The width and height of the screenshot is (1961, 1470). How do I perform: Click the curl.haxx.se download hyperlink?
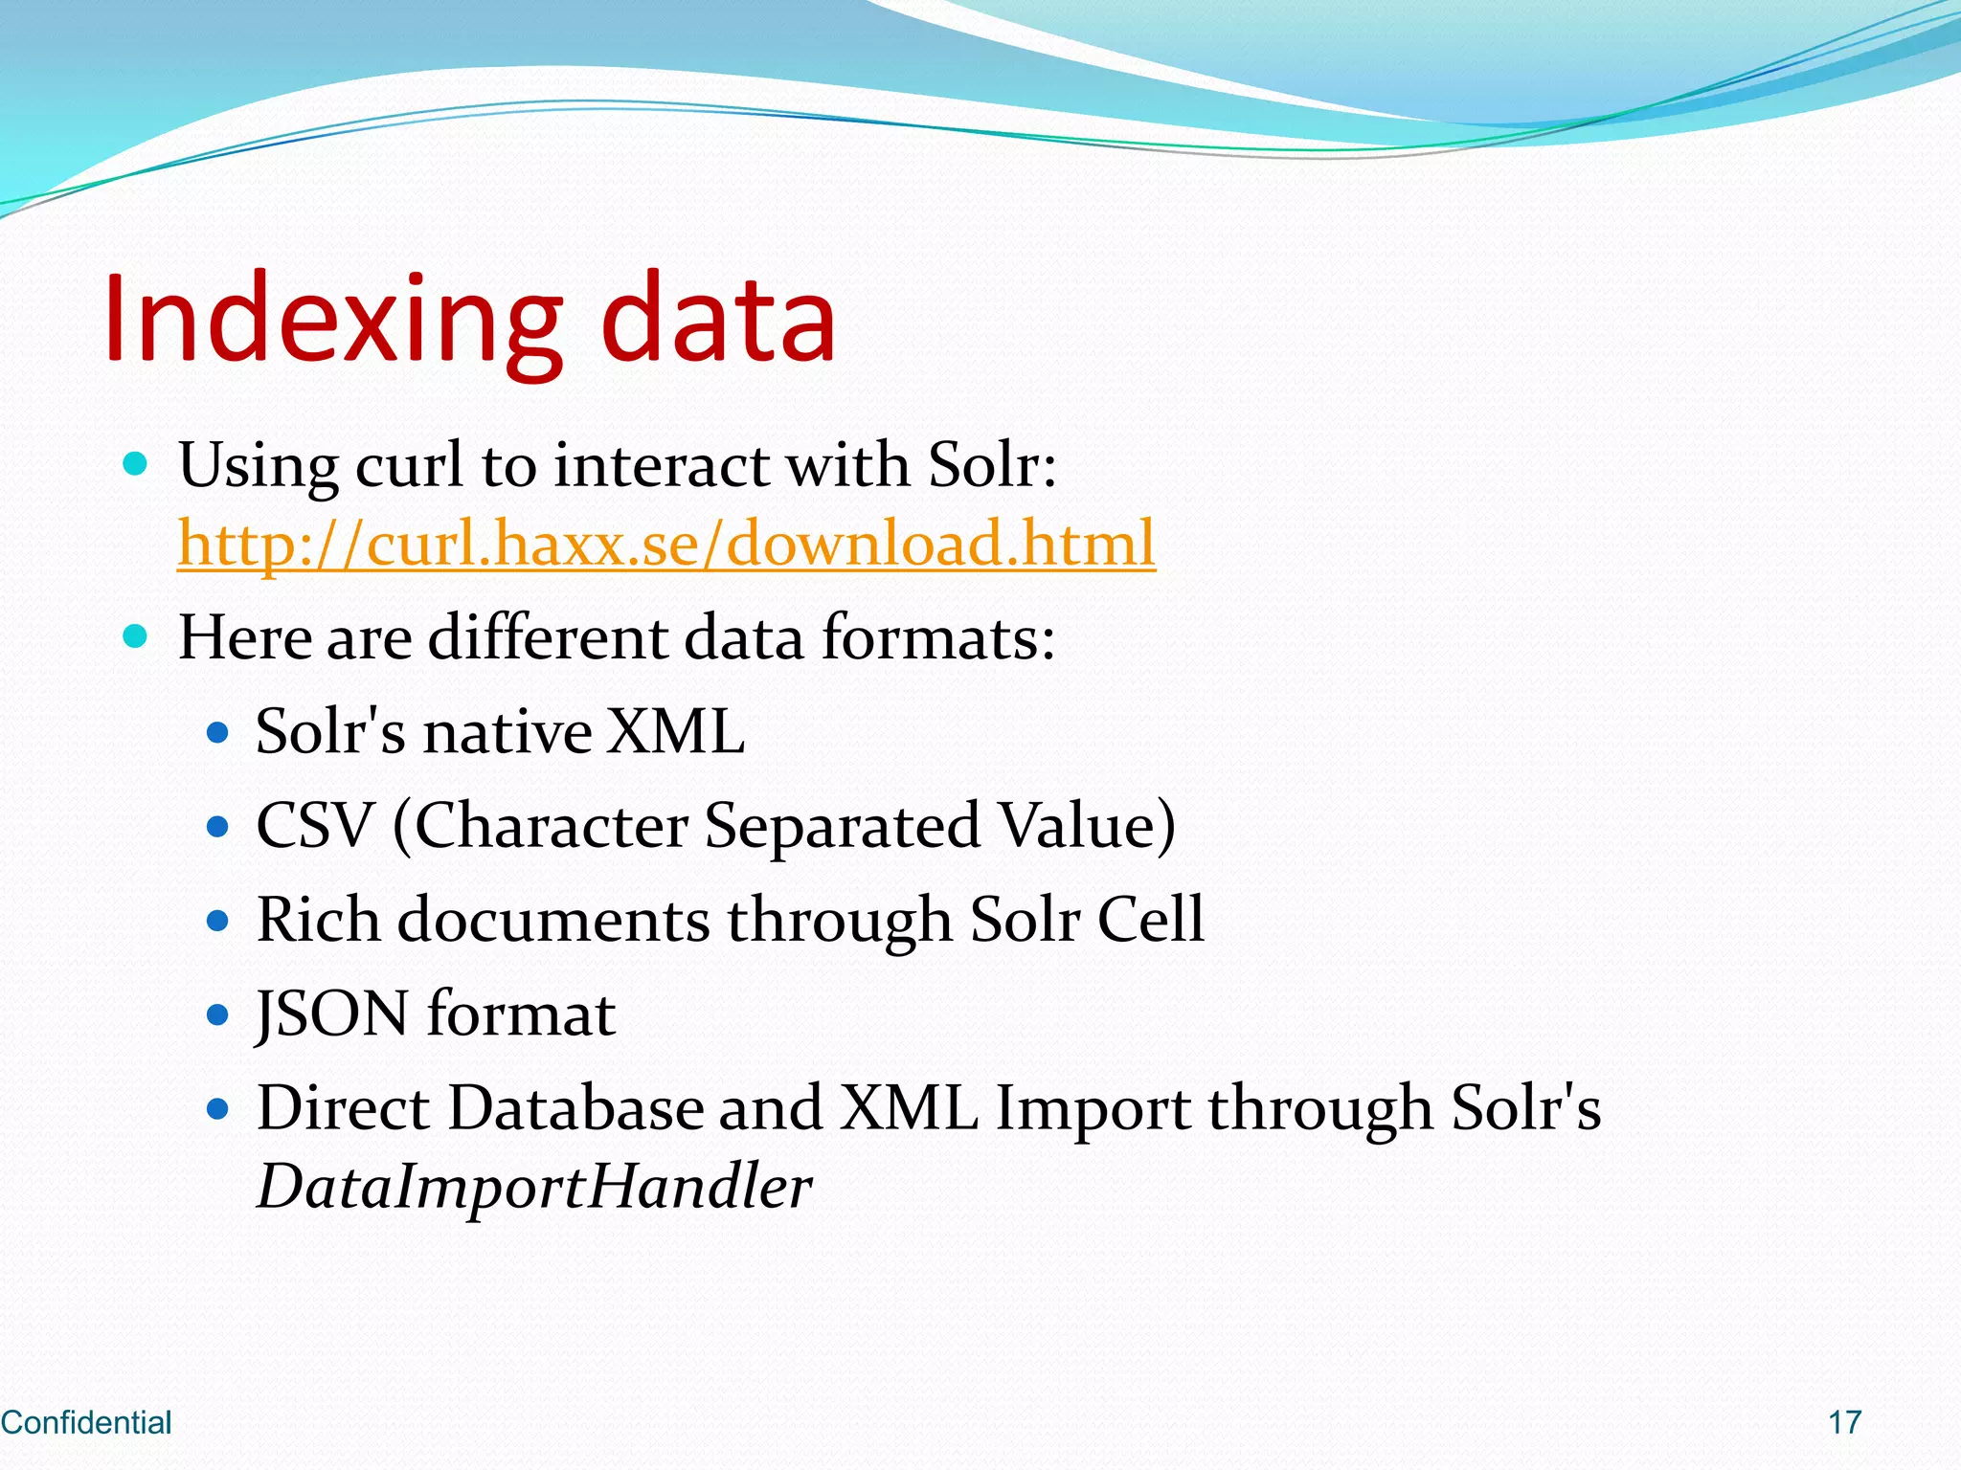pyautogui.click(x=666, y=544)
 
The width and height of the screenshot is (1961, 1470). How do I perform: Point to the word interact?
pyautogui.click(x=662, y=466)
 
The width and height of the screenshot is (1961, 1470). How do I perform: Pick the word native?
pyautogui.click(x=507, y=732)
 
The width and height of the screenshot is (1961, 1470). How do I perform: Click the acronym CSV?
pyautogui.click(x=314, y=825)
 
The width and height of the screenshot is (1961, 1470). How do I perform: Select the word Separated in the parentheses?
pyautogui.click(x=842, y=825)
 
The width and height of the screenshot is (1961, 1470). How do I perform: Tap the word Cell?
pyautogui.click(x=1150, y=920)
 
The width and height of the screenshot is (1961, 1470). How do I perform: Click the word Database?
pyautogui.click(x=575, y=1108)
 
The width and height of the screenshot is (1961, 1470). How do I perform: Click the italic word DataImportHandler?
pyautogui.click(x=534, y=1187)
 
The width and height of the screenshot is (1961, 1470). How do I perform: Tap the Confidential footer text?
pyautogui.click(x=86, y=1423)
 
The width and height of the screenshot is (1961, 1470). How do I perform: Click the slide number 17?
pyautogui.click(x=1844, y=1423)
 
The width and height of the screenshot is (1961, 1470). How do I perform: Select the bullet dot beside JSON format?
pyautogui.click(x=218, y=1014)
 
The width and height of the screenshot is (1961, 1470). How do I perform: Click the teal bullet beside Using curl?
pyautogui.click(x=136, y=465)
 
